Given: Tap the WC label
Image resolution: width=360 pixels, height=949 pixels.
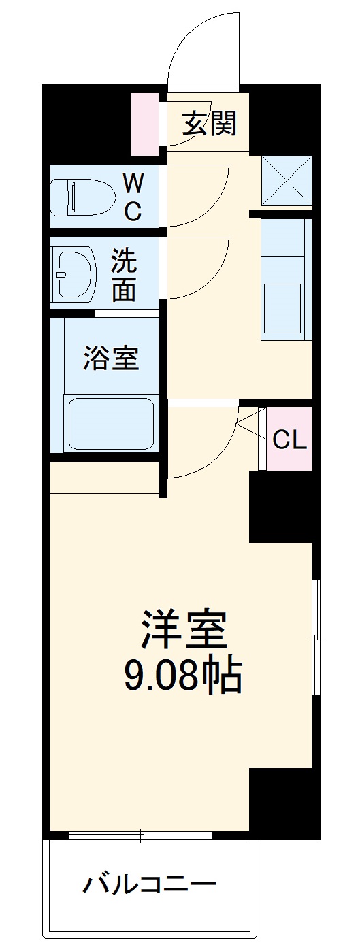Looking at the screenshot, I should [133, 197].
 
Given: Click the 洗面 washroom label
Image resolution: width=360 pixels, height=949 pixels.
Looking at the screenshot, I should [124, 276].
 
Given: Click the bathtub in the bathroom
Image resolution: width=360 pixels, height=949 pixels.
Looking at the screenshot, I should [110, 423].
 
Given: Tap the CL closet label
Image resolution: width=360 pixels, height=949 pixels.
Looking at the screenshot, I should [290, 440].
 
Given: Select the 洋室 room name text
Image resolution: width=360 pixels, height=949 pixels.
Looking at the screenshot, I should [182, 631].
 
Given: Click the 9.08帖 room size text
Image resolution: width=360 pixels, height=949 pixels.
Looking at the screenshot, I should [182, 676].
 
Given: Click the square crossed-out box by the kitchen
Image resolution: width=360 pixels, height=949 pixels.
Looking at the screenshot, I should [287, 180].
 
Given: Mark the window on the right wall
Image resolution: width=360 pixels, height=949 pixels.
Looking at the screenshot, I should [316, 637].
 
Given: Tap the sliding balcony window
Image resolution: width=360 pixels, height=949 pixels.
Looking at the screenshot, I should [141, 834].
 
